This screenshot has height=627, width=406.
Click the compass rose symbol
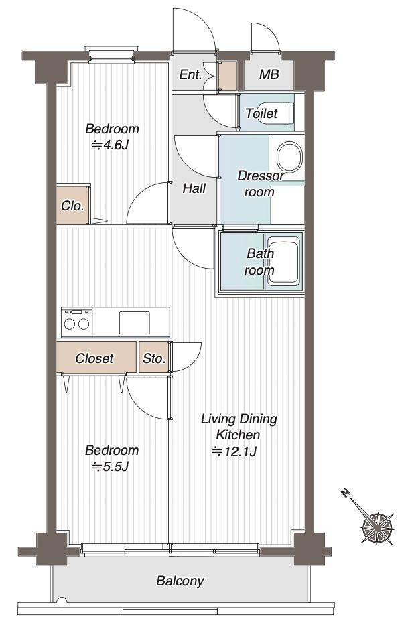point(377,528)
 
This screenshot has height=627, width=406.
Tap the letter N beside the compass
point(345,492)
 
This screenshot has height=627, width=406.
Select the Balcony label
point(180,581)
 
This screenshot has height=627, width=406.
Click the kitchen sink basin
point(135,323)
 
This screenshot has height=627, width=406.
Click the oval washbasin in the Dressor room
point(289,156)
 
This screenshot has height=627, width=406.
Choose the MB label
point(269,74)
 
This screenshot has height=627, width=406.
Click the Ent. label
point(190,75)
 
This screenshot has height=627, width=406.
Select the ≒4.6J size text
point(110,145)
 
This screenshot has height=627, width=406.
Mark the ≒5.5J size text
point(110,466)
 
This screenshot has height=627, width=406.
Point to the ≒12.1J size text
point(234,451)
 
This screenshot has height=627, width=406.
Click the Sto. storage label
point(154,358)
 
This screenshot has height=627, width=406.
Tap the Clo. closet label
point(72,206)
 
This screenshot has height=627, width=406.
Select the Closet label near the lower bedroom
point(94,358)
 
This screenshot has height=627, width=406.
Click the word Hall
point(194,188)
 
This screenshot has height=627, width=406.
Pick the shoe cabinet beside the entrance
point(228,76)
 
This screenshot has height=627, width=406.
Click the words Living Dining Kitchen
point(239,427)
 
